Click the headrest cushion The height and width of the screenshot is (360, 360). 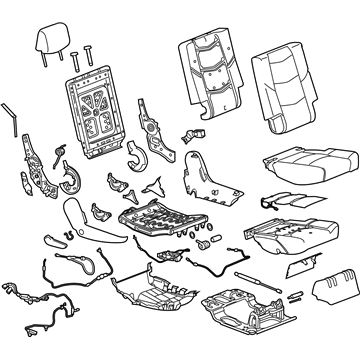54,41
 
